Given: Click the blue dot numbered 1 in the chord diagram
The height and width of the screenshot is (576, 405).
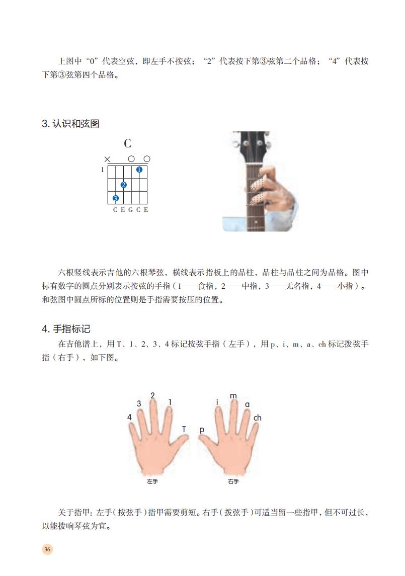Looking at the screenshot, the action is tap(139, 170).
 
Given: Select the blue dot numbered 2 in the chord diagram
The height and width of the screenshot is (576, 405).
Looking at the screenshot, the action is tap(123, 185).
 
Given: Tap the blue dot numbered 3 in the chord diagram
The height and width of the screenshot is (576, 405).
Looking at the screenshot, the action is tap(115, 198).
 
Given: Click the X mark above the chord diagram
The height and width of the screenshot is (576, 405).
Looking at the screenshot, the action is tap(107, 159).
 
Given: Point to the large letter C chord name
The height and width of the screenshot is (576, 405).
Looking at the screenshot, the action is tap(127, 143).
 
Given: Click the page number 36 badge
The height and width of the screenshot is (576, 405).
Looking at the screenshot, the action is tap(47, 549).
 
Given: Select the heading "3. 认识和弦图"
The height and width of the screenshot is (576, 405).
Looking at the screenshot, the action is tap(70, 124).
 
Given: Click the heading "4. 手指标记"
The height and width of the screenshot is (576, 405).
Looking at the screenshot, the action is tap(66, 329).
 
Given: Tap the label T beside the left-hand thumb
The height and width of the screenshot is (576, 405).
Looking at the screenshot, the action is tap(184, 429).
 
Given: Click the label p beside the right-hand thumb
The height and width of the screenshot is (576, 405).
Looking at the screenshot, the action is tap(202, 430).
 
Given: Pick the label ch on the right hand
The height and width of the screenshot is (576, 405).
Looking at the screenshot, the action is tap(257, 418).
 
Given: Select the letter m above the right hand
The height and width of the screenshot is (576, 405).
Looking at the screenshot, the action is tap(233, 396).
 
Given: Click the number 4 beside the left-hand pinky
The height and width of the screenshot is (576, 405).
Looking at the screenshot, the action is tap(129, 417).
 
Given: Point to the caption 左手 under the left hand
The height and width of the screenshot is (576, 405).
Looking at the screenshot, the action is tap(152, 481).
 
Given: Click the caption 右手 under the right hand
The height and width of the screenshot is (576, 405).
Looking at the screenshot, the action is tap(233, 481).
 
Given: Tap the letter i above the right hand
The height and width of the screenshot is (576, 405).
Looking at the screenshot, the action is tap(217, 402).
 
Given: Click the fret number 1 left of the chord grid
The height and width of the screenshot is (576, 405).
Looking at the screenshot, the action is tap(102, 170).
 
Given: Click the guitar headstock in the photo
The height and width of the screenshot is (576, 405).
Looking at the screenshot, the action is tap(252, 146).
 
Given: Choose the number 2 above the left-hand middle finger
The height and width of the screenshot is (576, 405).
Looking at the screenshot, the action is tap(152, 395).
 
